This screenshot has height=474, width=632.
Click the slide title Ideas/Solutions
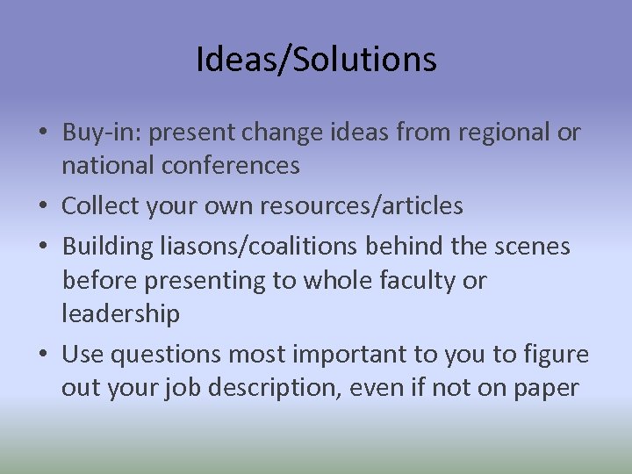click(316, 60)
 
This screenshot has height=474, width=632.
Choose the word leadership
click(120, 313)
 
